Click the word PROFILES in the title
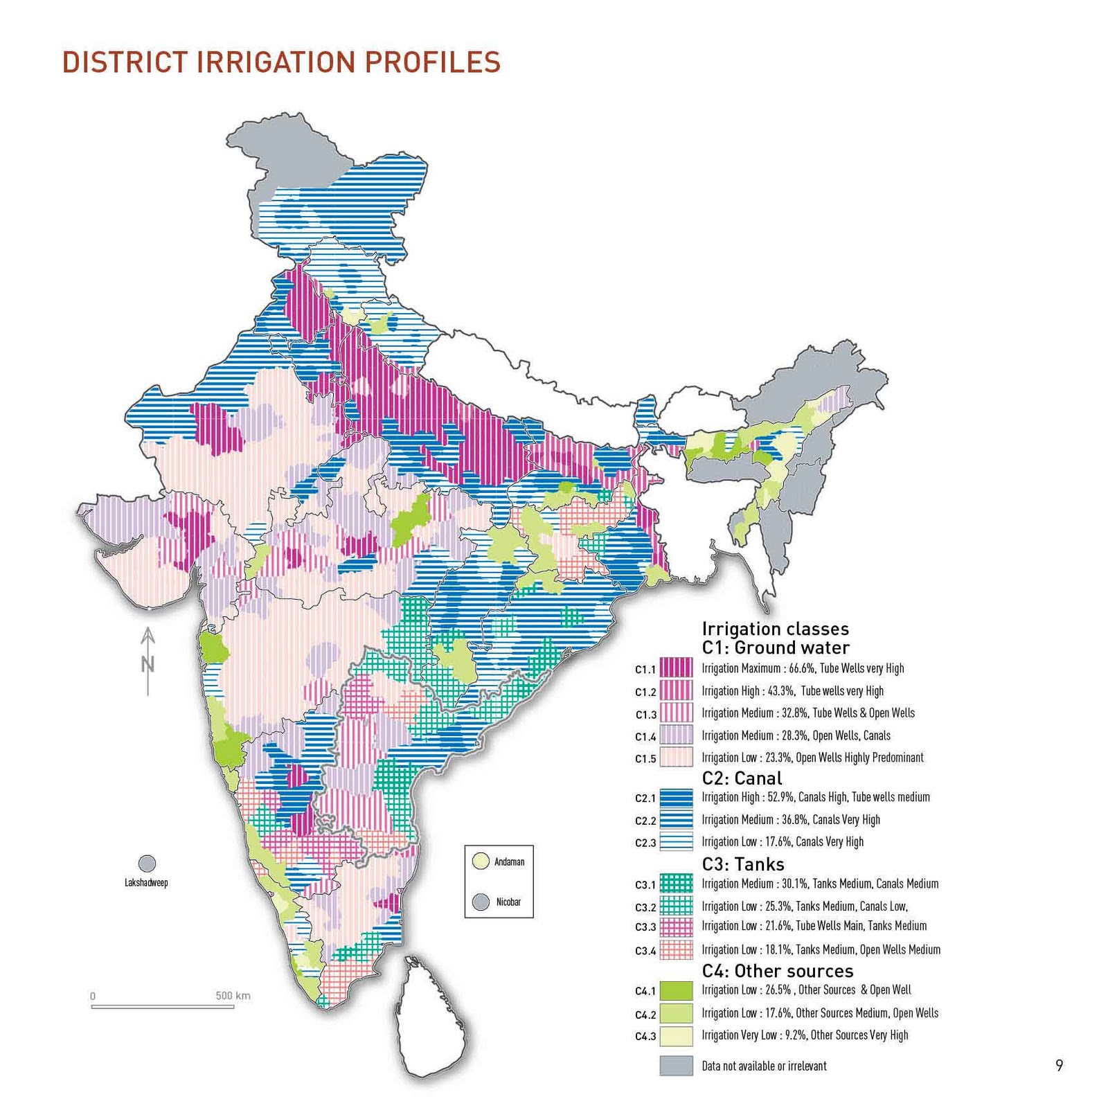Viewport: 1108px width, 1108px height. [432, 62]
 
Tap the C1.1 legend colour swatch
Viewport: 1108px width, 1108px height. [676, 668]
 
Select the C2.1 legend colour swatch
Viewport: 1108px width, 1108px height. [676, 797]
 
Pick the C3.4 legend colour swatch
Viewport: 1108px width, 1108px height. [676, 949]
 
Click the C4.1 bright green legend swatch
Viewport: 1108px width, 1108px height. [676, 990]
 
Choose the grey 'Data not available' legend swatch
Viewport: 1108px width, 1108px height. [676, 1066]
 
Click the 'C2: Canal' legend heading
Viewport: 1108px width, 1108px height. [742, 778]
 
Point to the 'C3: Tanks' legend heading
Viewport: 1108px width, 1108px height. [743, 864]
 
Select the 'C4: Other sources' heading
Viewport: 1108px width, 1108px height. [777, 971]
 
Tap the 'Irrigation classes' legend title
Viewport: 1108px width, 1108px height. [775, 629]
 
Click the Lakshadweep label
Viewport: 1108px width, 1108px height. [146, 882]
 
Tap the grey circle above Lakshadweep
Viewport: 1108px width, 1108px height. [147, 864]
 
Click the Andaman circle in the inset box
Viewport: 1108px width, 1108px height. [481, 861]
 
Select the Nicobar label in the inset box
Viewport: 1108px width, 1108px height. [508, 902]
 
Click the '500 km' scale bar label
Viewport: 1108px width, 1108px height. [233, 996]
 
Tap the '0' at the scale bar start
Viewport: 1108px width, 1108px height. [93, 997]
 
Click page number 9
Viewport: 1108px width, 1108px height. [1059, 1066]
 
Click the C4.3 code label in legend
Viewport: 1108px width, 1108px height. [645, 1037]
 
